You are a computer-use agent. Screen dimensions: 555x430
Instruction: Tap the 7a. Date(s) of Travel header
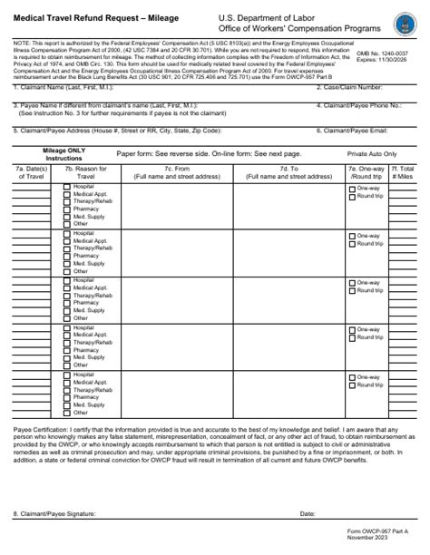[x=32, y=172]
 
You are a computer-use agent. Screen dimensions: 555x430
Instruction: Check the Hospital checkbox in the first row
[x=67, y=187]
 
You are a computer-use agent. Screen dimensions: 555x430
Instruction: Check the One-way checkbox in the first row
[x=353, y=189]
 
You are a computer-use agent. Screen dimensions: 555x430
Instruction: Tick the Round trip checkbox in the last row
[x=353, y=385]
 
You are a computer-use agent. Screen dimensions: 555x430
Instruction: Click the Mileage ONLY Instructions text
[x=64, y=154]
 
